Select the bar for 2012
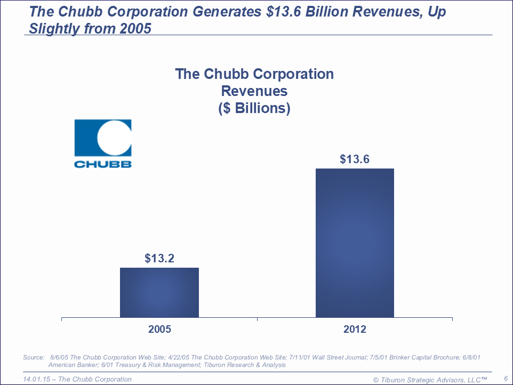355,243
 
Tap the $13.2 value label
159,259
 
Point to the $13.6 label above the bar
355,159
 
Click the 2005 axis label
159,330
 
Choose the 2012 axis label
355,330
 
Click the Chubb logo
102,143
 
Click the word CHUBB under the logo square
102,164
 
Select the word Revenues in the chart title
254,91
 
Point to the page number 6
505,378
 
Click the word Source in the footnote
33,357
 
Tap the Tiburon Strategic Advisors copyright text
430,379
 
